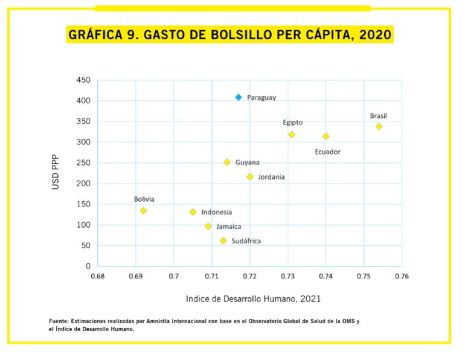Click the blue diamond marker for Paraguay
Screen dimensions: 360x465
[x=239, y=97]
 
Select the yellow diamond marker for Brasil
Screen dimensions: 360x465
[x=379, y=126]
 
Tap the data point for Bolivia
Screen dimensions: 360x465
[x=143, y=210]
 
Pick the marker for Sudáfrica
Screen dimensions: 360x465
[x=223, y=240]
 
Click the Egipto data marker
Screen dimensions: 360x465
[x=291, y=135]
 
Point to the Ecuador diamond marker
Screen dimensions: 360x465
[x=326, y=137]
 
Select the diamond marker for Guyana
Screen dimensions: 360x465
[x=227, y=162]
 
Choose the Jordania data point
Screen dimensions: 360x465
[x=249, y=176]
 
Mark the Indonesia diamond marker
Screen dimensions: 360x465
[x=193, y=212]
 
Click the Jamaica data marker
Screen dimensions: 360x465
[x=208, y=226]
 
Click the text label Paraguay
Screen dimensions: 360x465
[x=261, y=97]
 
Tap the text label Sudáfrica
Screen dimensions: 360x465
[x=246, y=241]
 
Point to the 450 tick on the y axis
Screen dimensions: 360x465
[x=84, y=80]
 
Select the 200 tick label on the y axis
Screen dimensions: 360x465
[x=84, y=184]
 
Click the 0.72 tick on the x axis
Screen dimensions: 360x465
[x=249, y=276]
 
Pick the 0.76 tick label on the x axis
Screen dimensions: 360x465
[x=402, y=276]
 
